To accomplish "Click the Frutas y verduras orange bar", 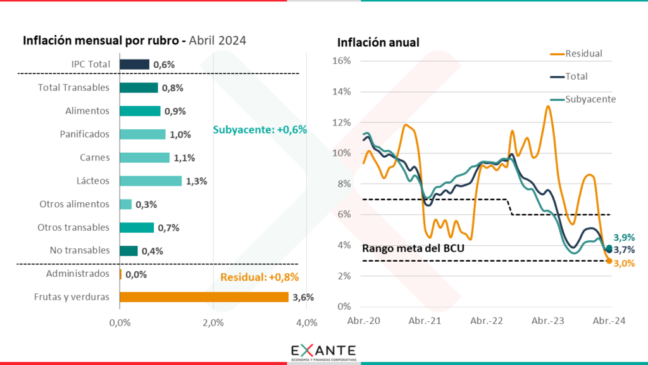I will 204,297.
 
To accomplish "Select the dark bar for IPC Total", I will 134,64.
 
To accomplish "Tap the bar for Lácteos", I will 151,181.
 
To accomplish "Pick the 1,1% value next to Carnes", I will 184,157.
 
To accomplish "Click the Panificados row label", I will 85,134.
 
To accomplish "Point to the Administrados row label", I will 78,274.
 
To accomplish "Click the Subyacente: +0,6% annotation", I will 259,129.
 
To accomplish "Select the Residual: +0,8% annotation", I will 259,276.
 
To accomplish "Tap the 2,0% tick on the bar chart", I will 213,323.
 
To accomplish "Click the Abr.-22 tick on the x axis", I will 486,321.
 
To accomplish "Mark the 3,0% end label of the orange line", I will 624,263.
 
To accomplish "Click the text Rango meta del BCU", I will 413,248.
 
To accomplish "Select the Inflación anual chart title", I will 378,43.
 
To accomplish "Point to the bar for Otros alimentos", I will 125,204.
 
